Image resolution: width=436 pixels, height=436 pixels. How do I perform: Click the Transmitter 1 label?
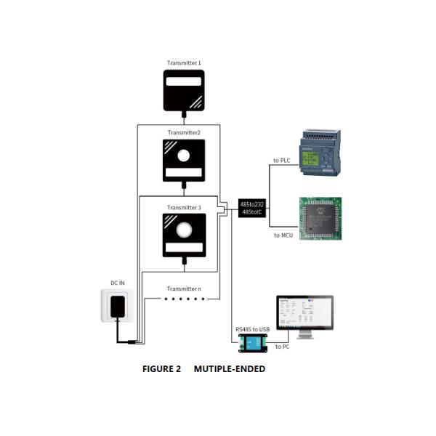click(x=183, y=64)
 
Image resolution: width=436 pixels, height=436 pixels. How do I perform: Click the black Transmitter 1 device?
click(x=183, y=90)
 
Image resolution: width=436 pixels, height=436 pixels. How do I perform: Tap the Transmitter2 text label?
click(x=183, y=132)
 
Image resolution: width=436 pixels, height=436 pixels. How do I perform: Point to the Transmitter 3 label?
click(x=183, y=208)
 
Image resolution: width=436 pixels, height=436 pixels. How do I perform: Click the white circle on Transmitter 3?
click(x=183, y=230)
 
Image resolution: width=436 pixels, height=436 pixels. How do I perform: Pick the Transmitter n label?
click(x=183, y=288)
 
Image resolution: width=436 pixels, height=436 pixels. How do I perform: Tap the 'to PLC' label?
click(x=282, y=160)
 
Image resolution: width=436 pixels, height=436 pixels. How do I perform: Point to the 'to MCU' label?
click(x=283, y=235)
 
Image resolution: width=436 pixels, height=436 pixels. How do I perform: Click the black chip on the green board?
click(x=320, y=217)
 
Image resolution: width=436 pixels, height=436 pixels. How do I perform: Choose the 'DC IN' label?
click(x=118, y=283)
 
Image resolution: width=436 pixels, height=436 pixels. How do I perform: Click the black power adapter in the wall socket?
click(x=118, y=306)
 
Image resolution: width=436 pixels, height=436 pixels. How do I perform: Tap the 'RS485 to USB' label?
click(x=252, y=328)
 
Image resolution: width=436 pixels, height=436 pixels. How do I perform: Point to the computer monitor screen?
click(x=304, y=312)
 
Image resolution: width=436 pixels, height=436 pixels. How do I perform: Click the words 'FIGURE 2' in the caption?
click(x=161, y=368)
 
